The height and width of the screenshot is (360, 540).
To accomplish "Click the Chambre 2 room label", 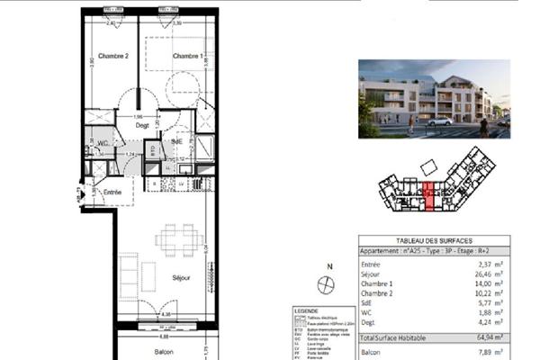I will coord(114,57).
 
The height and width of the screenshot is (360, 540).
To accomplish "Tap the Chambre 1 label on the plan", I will coord(187,57).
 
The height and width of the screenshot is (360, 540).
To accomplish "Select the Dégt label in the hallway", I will coord(142,126).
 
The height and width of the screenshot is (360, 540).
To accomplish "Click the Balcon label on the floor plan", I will coord(163,352).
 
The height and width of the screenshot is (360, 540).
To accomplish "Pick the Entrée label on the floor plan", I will coord(112,192).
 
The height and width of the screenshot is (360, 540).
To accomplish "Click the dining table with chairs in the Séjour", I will coord(177,239).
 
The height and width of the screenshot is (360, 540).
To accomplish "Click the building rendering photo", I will coord(434,99).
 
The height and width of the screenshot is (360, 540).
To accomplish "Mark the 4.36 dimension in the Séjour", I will coord(166,312).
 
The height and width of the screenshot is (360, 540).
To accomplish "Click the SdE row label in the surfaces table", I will coord(368,301).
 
